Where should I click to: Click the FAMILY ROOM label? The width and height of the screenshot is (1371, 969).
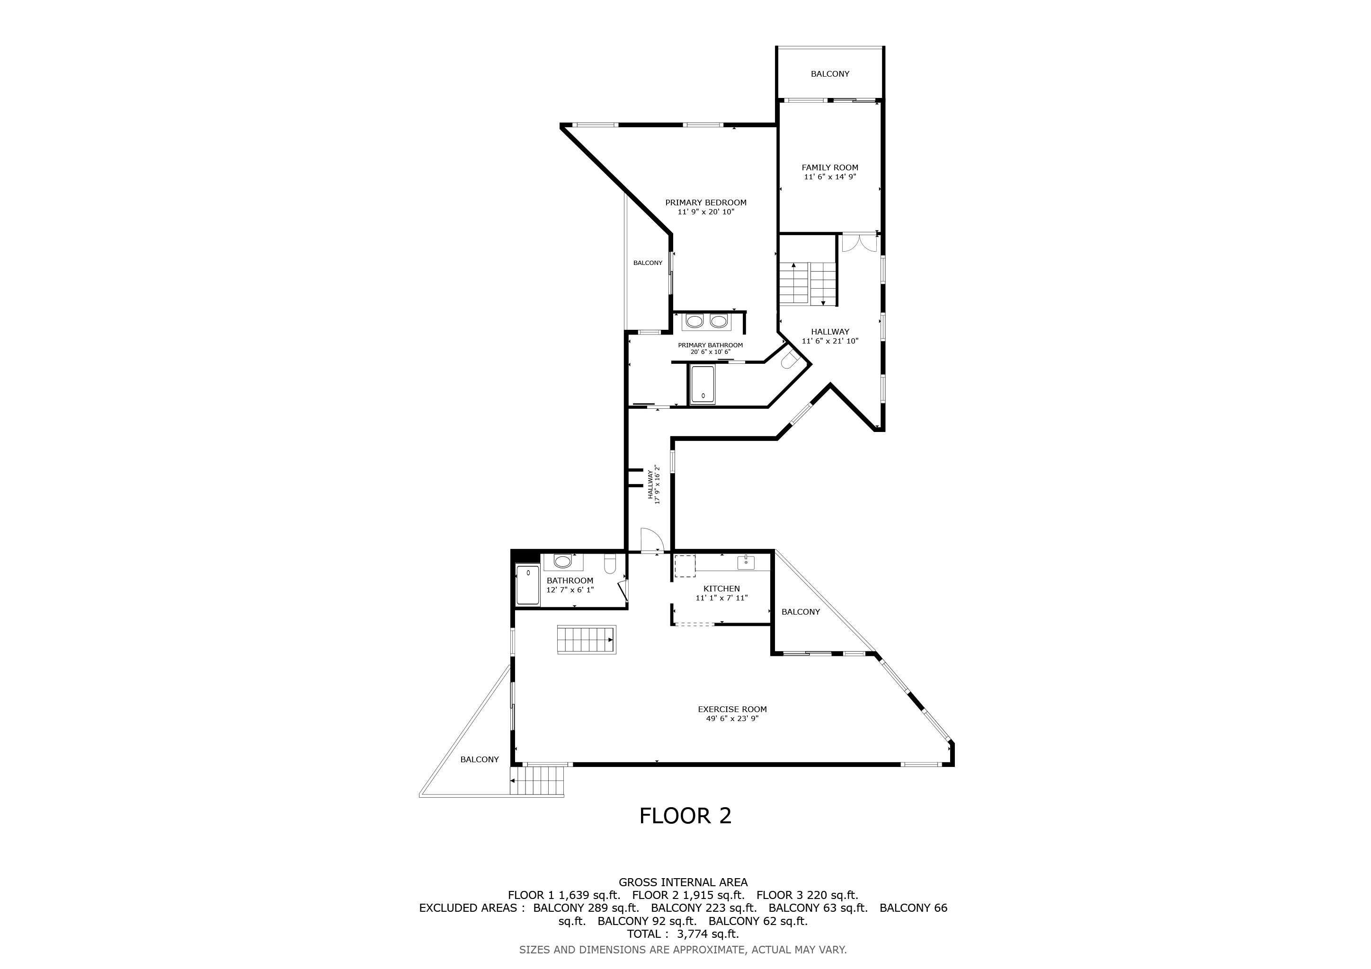pyautogui.click(x=830, y=167)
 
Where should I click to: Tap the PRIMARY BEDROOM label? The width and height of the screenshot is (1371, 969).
pyautogui.click(x=706, y=203)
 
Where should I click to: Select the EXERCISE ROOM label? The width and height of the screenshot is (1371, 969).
pyautogui.click(x=732, y=709)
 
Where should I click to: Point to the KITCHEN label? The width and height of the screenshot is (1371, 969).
pyautogui.click(x=721, y=589)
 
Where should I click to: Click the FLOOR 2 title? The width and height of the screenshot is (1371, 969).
pyautogui.click(x=685, y=816)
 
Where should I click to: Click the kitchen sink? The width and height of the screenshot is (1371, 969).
pyautogui.click(x=746, y=562)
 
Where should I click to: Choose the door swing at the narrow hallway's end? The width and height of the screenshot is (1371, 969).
pyautogui.click(x=651, y=540)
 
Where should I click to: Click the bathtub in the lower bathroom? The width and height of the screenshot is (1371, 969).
pyautogui.click(x=528, y=585)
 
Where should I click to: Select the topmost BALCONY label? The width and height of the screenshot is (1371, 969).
pyautogui.click(x=830, y=74)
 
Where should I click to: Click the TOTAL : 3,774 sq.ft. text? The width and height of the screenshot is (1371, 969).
pyautogui.click(x=683, y=934)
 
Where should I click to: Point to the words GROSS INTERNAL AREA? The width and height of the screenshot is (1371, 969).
pyautogui.click(x=683, y=882)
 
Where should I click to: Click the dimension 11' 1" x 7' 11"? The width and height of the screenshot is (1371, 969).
pyautogui.click(x=721, y=598)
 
